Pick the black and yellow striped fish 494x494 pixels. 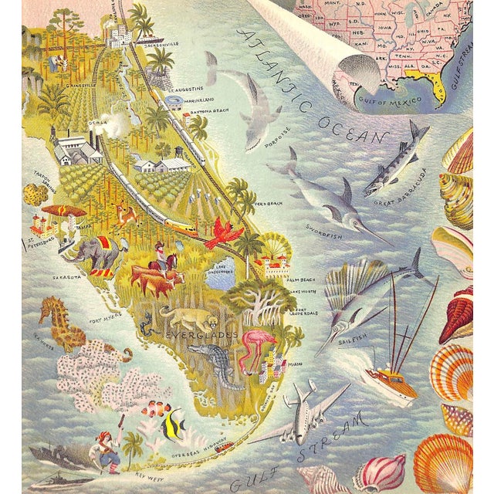173,421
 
